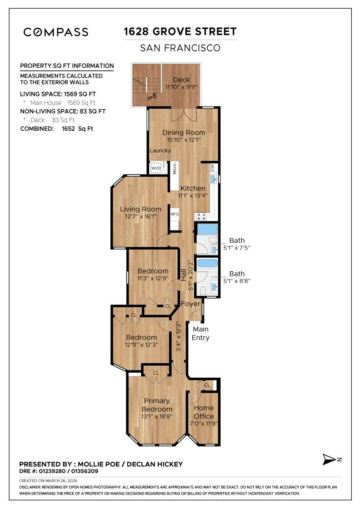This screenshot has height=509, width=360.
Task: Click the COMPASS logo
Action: (x=56, y=32)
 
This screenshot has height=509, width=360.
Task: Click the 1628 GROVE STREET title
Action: (x=180, y=32)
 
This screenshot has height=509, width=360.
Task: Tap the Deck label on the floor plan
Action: (x=181, y=80)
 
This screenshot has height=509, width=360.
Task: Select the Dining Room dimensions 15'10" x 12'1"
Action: (x=184, y=140)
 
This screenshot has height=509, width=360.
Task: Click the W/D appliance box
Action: (x=156, y=168)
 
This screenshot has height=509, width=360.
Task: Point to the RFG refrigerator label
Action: (x=175, y=215)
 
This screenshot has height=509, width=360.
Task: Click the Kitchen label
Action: (x=193, y=188)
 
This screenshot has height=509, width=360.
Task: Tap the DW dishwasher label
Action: (x=212, y=168)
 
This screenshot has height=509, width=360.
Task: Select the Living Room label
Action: (x=140, y=209)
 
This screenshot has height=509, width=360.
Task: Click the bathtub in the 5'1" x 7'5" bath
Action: (x=208, y=229)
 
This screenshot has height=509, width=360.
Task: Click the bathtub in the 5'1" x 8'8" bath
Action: (x=207, y=263)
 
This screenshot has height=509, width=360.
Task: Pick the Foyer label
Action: (x=190, y=304)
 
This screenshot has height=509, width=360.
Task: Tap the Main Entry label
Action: (x=200, y=333)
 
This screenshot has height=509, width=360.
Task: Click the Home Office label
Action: (x=203, y=412)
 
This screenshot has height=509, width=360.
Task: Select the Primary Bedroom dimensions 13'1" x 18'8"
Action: (x=157, y=417)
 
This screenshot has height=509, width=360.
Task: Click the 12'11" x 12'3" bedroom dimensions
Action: (x=141, y=345)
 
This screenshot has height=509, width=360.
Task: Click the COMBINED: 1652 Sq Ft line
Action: (x=57, y=129)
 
